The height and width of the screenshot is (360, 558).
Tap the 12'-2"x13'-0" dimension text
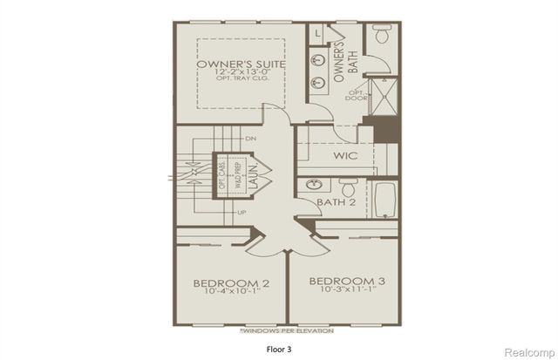[231, 73]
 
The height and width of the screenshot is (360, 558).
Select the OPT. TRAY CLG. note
[231, 80]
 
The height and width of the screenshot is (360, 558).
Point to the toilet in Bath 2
[348, 188]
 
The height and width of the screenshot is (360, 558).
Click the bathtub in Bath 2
[385, 200]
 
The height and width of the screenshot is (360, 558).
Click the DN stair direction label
[251, 138]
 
